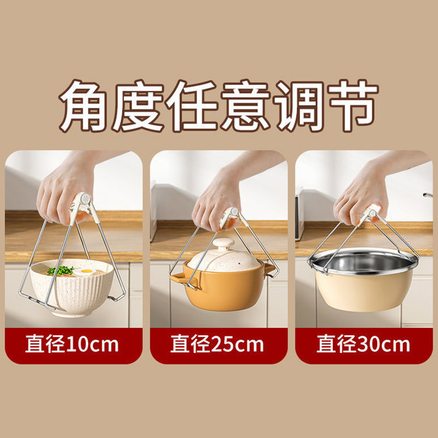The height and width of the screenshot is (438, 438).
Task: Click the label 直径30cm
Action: (x=363, y=345)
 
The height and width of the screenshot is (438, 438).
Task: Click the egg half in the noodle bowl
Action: (x=84, y=271)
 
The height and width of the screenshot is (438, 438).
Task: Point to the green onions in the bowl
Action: (x=60, y=270)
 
